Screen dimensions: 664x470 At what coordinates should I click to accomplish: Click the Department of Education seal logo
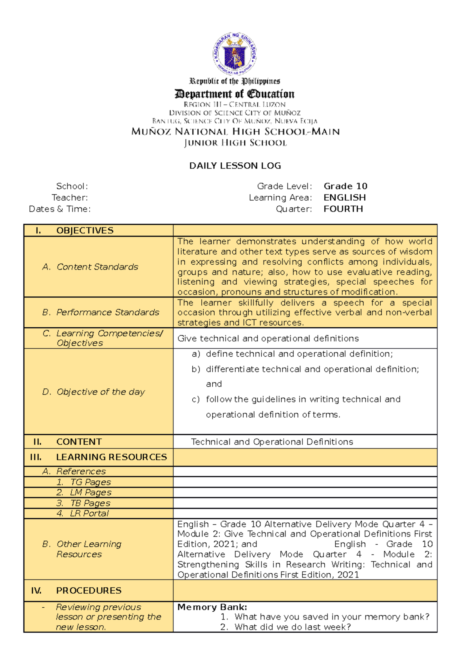(x=235, y=54)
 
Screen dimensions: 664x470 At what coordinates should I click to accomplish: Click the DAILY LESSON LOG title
(x=235, y=166)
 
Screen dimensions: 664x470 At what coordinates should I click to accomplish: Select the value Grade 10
(x=345, y=186)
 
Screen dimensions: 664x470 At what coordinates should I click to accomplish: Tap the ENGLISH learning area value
(x=344, y=197)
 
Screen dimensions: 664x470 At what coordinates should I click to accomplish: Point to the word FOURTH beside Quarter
(x=343, y=209)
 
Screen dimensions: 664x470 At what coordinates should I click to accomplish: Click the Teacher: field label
(x=70, y=197)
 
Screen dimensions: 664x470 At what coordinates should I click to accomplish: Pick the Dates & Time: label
(x=60, y=209)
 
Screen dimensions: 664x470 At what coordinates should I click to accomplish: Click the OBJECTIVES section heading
(x=85, y=230)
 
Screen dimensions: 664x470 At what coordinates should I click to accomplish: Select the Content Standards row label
(x=97, y=267)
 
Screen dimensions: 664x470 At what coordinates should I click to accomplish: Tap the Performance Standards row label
(x=108, y=312)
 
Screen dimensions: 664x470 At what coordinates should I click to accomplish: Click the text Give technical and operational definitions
(x=268, y=338)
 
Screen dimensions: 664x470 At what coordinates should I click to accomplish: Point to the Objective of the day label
(x=101, y=392)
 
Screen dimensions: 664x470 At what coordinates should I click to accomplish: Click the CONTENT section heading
(x=79, y=442)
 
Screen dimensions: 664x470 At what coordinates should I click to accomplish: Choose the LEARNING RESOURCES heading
(x=111, y=457)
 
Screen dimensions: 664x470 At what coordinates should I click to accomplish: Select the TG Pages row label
(x=90, y=482)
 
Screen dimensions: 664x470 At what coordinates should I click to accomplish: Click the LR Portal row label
(x=89, y=513)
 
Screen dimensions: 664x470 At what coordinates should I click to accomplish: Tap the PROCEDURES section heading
(x=89, y=590)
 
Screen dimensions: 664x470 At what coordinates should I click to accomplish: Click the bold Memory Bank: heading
(x=212, y=607)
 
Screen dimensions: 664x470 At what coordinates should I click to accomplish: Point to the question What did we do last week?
(x=292, y=627)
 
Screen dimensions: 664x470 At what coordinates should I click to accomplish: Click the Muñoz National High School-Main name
(x=235, y=132)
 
